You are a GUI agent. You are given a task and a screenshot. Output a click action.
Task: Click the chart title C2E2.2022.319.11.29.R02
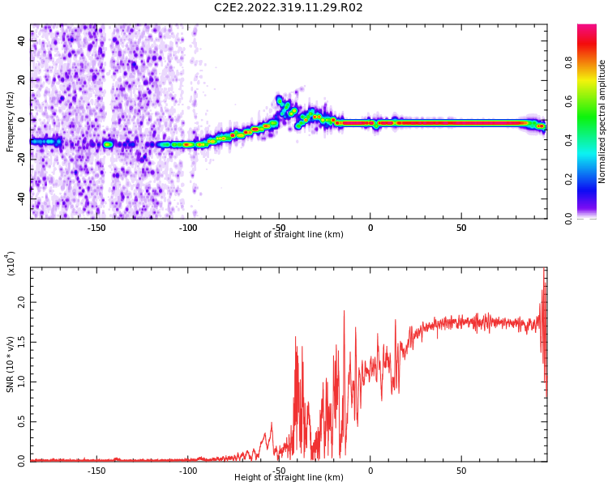tap(289, 8)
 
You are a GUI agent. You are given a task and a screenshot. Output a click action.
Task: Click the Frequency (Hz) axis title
tap(11, 122)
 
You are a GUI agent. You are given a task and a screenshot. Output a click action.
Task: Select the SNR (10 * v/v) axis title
tap(11, 364)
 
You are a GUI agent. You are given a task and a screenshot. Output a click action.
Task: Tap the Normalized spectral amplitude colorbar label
tap(602, 122)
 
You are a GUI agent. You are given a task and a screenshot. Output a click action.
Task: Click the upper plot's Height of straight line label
tap(289, 235)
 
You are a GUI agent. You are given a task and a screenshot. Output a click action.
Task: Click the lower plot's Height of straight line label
tap(289, 478)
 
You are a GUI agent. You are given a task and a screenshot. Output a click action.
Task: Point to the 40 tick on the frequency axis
tap(21, 40)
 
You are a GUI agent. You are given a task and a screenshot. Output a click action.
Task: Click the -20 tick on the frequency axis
tap(19, 159)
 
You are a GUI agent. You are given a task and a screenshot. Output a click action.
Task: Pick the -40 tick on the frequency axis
tap(19, 198)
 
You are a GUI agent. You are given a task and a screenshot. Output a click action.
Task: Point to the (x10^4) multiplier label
tap(11, 263)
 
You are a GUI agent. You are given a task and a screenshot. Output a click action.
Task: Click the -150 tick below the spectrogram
tap(96, 228)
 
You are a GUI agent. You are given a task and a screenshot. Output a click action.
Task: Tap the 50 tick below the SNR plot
tap(461, 471)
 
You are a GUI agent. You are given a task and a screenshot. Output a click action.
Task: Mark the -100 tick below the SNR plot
tap(187, 471)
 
